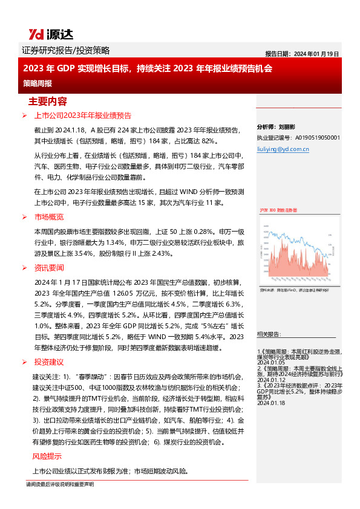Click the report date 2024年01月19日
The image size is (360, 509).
[302, 53]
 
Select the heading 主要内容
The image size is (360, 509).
[48, 100]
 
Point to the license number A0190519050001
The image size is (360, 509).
[298, 138]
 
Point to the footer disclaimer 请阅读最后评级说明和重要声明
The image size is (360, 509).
[60, 484]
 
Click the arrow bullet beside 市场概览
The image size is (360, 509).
[24, 216]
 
